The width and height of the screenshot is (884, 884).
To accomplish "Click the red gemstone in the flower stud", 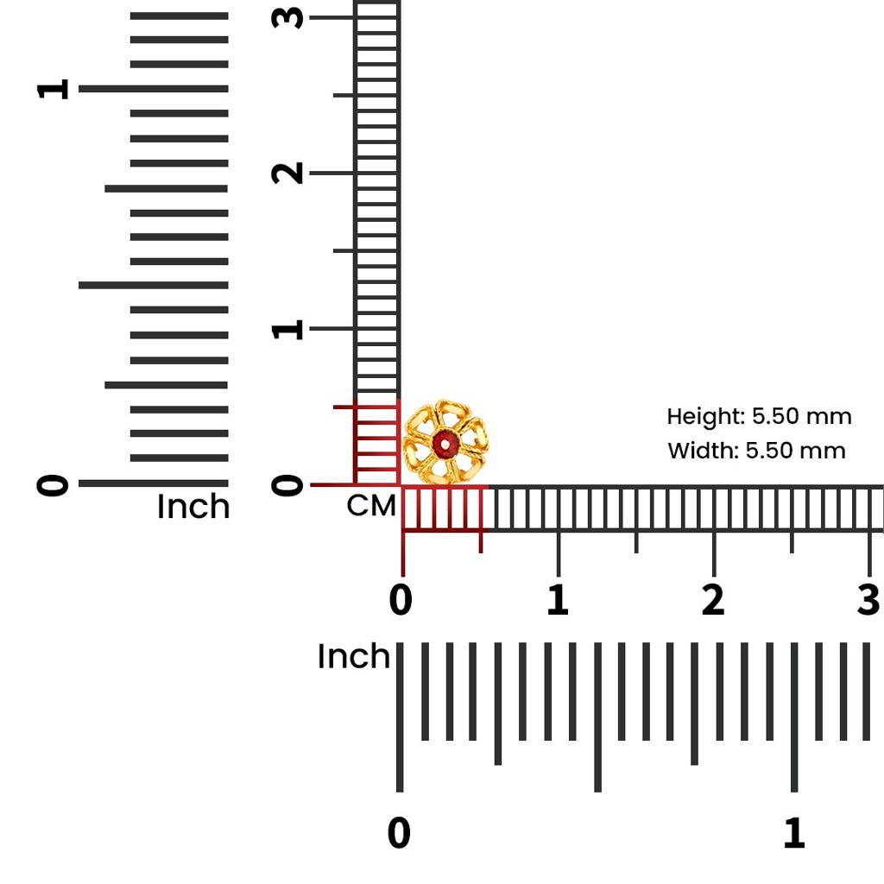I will click(x=445, y=445).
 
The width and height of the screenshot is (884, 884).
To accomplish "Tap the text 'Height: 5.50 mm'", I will click(x=759, y=417).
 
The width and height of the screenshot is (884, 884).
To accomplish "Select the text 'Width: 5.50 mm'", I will click(x=756, y=451).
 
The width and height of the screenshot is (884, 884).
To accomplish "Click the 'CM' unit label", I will click(x=371, y=506).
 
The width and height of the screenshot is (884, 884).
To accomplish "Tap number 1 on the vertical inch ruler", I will click(x=53, y=89).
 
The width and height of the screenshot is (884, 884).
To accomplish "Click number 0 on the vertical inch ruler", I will click(x=53, y=484).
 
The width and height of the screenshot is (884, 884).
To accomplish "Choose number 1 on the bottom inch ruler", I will click(x=793, y=834).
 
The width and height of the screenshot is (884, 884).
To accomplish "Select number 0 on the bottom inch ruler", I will click(x=399, y=834).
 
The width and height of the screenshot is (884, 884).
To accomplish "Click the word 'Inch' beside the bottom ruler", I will click(x=354, y=657).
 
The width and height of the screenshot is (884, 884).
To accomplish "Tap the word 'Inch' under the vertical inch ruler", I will click(x=193, y=507).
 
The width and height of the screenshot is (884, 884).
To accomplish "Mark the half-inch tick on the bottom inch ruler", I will click(x=597, y=777).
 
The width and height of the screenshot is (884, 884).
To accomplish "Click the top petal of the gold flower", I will click(x=445, y=412).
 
